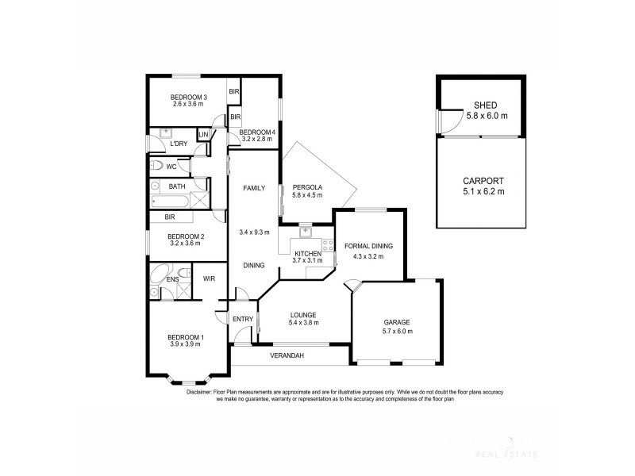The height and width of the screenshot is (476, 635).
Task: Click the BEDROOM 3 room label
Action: click(x=187, y=97)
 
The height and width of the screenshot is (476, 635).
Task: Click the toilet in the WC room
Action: click(x=157, y=166)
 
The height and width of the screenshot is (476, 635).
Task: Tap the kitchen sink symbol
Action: click(x=304, y=233)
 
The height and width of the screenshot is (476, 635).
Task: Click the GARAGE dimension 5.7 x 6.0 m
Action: click(x=396, y=331)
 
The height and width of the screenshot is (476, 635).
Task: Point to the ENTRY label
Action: click(x=243, y=319)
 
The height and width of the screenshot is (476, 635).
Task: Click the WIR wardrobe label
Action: click(x=210, y=278)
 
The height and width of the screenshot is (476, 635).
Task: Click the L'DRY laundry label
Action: click(x=178, y=144)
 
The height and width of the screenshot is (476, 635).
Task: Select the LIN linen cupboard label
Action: click(x=203, y=135)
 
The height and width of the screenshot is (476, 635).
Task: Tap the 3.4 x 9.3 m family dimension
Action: click(x=254, y=232)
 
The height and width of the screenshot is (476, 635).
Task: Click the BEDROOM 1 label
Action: click(x=187, y=338)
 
